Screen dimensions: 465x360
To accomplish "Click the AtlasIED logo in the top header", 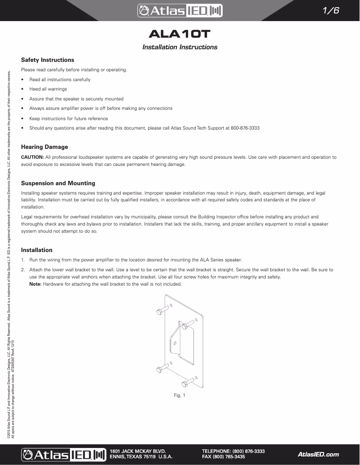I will pos(180,11).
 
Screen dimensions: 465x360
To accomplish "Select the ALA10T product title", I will pos(180,35).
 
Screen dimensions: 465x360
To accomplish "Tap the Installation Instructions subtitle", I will pos(180,47).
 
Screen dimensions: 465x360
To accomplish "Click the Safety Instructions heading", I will pos(48,60).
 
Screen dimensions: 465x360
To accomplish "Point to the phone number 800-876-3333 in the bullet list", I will pos(245,128).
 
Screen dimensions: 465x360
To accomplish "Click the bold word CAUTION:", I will pos(32,157).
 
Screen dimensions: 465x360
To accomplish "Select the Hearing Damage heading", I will pos(44,147).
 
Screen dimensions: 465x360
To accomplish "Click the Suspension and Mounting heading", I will pos(58,183).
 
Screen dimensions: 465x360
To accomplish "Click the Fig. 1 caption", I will pos(180,395).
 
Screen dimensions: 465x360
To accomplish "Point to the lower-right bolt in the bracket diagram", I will pos(188,382).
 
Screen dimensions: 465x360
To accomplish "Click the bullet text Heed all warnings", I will pos(48,89).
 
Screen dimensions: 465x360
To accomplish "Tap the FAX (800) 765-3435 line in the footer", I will pos(224,457).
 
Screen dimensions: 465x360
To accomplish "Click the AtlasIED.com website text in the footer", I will pos(318,454).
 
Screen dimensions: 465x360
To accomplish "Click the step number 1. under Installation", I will pos(23,260).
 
